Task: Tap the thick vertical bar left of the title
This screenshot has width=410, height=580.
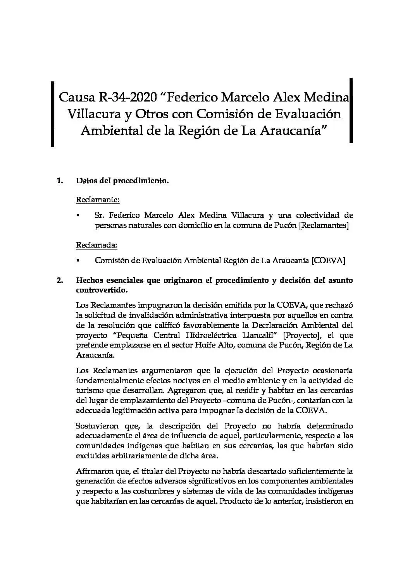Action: [x=52, y=113]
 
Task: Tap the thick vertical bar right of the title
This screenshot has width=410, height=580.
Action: [x=351, y=110]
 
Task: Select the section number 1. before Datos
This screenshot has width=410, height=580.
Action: [x=60, y=181]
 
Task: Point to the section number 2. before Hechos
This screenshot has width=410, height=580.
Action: [x=60, y=280]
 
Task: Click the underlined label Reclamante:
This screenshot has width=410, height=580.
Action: [x=98, y=200]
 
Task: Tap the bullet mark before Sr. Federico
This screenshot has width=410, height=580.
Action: [x=78, y=215]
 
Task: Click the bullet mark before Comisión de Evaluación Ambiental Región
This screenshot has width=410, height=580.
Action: [x=78, y=261]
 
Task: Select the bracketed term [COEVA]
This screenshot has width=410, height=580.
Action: [x=328, y=260]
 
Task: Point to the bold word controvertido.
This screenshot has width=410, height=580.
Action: [x=102, y=290]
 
